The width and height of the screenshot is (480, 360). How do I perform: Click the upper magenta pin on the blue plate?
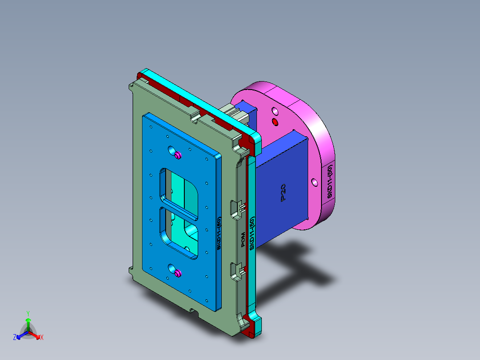[178, 155]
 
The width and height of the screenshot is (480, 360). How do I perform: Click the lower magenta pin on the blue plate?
[178, 273]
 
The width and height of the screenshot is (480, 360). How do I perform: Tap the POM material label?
[243, 240]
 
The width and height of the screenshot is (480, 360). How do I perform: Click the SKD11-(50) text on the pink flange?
[329, 181]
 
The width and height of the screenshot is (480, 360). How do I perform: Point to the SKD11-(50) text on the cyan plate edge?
[252, 234]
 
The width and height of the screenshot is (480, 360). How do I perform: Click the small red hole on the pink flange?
[275, 121]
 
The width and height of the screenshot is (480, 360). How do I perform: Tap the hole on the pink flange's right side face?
[314, 182]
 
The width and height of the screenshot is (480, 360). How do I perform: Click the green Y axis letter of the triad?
[28, 313]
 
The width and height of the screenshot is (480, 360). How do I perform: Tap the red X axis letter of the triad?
[41, 337]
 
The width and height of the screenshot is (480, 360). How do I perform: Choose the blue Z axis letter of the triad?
[15, 337]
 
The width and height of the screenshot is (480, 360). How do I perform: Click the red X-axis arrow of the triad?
[36, 335]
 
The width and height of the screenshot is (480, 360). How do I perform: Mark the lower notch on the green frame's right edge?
[236, 270]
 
